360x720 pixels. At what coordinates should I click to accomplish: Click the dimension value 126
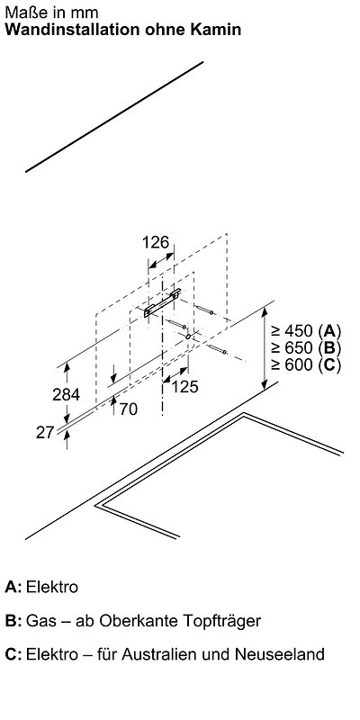pyautogui.click(x=156, y=242)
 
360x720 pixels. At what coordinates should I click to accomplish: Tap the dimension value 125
pyautogui.click(x=185, y=387)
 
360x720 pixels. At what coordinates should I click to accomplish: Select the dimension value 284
pyautogui.click(x=66, y=394)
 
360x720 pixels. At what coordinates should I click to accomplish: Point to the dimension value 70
pyautogui.click(x=129, y=409)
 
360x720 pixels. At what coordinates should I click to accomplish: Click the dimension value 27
pyautogui.click(x=46, y=432)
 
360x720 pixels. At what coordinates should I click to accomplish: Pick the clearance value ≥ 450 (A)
pyautogui.click(x=306, y=330)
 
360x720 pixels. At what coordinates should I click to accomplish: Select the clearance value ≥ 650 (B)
pyautogui.click(x=306, y=347)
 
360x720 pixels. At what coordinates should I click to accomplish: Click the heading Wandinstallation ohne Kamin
pyautogui.click(x=123, y=30)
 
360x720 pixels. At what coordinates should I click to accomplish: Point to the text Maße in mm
pyautogui.click(x=51, y=13)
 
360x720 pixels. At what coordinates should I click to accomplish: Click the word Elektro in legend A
pyautogui.click(x=52, y=587)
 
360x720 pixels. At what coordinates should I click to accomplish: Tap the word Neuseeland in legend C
pyautogui.click(x=280, y=654)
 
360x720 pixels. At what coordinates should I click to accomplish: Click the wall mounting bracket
pyautogui.click(x=162, y=303)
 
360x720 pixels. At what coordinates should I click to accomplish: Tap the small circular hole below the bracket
pyautogui.click(x=188, y=337)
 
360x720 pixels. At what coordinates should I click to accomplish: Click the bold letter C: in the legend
pyautogui.click(x=13, y=654)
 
